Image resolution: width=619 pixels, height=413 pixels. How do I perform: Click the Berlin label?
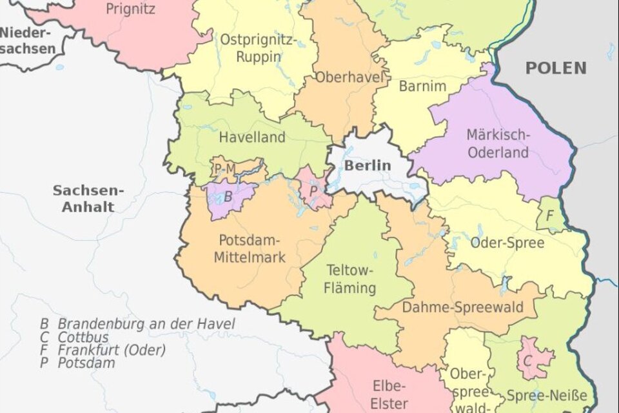(367, 165)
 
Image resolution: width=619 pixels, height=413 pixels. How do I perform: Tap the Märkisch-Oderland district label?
(498, 144)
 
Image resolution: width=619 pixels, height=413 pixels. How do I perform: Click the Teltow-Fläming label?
(351, 278)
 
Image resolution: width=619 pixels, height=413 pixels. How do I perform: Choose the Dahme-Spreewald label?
(462, 308)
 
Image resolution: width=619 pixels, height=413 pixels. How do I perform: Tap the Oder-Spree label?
(507, 243)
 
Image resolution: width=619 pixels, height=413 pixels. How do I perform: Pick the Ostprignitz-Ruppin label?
(258, 48)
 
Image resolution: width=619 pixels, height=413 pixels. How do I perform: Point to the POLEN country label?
(556, 68)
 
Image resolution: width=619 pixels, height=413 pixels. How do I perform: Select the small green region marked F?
(549, 215)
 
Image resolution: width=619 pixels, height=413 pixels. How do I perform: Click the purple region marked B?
(227, 196)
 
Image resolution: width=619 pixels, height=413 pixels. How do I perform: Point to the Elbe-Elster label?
(389, 394)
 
